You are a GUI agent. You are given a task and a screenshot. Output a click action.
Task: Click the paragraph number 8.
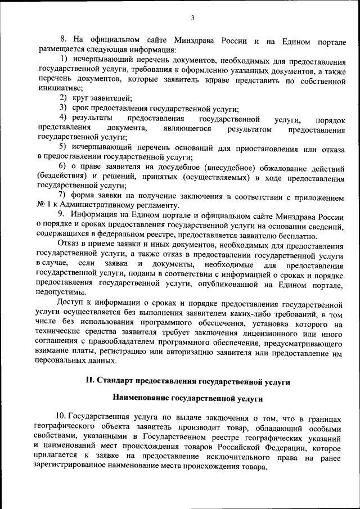pos(63,39)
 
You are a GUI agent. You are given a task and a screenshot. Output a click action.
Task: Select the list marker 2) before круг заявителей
pos(64,98)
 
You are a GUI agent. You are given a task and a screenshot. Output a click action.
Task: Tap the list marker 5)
pos(64,148)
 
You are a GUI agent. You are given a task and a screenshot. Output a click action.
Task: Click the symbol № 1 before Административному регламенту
pos(44,205)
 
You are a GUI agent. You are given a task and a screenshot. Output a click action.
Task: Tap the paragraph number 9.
pos(61,215)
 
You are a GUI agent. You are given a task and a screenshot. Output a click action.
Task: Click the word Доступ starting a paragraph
pos(70,303)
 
